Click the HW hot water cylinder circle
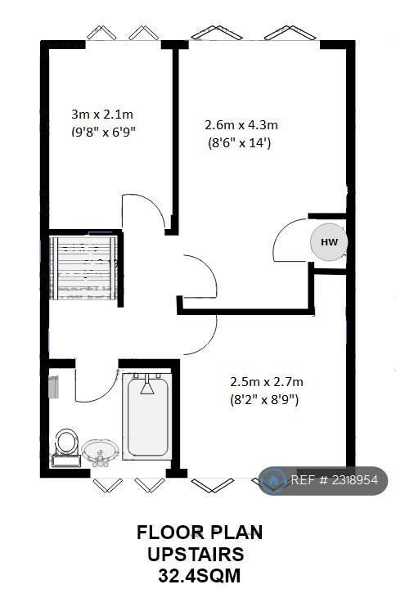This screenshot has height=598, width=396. point(329,242)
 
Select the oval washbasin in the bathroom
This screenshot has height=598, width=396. point(101,452)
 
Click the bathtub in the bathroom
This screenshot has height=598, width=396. point(147,415)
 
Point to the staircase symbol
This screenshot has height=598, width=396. point(83,268)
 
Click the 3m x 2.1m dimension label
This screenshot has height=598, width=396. point(102,114)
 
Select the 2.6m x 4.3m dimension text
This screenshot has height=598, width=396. point(241,124)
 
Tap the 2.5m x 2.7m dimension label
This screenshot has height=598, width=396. point(266,381)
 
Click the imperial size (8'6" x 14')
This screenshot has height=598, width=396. point(239,143)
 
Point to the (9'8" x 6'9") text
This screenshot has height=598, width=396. point(103,132)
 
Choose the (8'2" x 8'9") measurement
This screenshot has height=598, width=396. point(264,400)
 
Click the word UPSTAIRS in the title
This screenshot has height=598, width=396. point(196,554)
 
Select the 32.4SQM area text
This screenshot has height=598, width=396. point(199,576)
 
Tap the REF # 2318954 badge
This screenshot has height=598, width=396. point(322,480)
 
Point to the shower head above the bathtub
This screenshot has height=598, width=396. point(147,384)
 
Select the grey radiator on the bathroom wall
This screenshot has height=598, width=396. point(54,387)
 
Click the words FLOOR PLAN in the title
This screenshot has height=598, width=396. point(200,533)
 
